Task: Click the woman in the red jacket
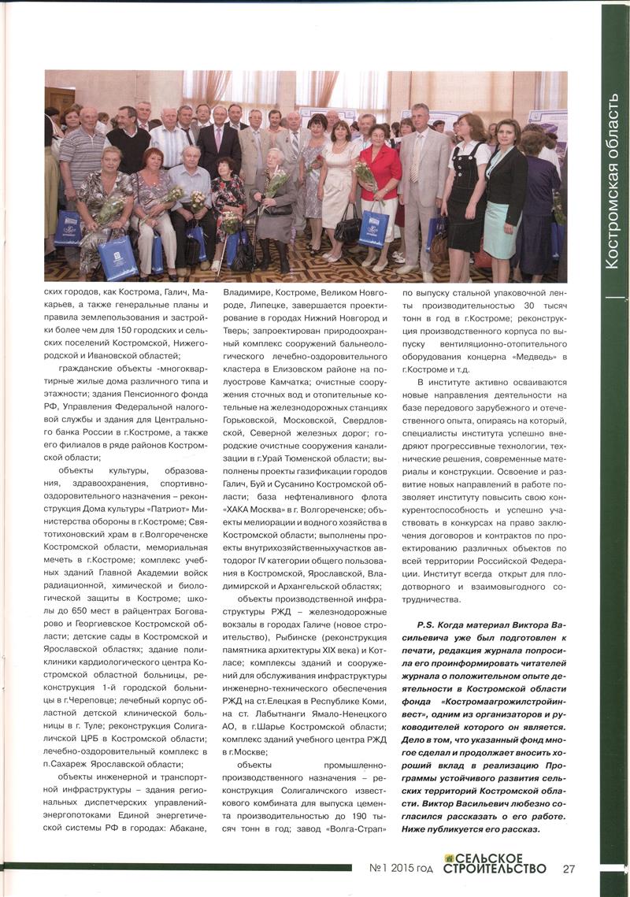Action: pyautogui.click(x=380, y=169)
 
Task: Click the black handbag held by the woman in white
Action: pyautogui.click(x=346, y=230)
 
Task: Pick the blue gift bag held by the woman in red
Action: pyautogui.click(x=373, y=228)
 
